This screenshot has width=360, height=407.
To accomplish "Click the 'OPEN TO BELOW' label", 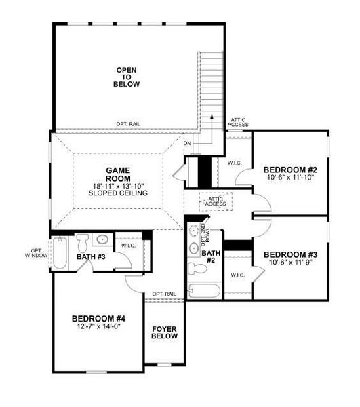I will [x=127, y=77].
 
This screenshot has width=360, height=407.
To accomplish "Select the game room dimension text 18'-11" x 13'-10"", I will [x=117, y=184].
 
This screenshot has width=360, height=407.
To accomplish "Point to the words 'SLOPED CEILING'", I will [x=117, y=193].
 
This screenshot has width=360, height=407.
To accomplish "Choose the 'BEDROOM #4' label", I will [x=99, y=318].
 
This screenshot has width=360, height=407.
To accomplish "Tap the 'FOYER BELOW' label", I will [x=164, y=332].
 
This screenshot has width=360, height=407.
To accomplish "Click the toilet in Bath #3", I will [x=83, y=242].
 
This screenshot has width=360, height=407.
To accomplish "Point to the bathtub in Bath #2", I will [x=204, y=292].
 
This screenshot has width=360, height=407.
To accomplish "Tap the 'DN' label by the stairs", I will [x=187, y=143].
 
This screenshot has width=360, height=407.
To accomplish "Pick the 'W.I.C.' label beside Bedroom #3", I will [x=237, y=275].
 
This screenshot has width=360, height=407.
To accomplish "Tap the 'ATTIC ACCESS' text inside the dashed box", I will [x=216, y=201].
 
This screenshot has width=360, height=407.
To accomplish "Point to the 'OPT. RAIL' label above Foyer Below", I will [x=164, y=294].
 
